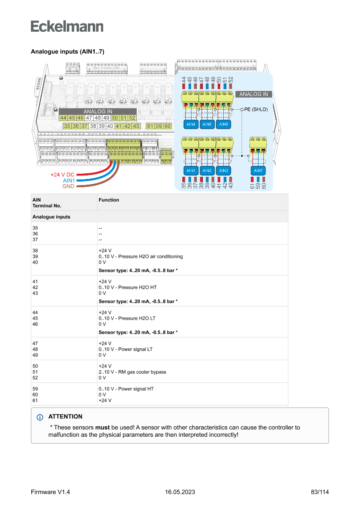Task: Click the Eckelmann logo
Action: (67, 26)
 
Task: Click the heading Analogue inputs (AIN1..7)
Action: (67, 51)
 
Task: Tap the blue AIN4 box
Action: (191, 124)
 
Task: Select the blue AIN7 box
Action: (258, 170)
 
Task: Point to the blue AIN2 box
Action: (207, 170)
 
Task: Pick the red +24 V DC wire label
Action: (63, 175)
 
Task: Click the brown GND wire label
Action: (68, 186)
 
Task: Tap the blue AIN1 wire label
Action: (69, 180)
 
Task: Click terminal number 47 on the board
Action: (89, 118)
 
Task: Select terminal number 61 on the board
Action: (150, 126)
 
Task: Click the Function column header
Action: (109, 200)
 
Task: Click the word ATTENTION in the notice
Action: (65, 417)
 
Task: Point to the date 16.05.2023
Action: (180, 492)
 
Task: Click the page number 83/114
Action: (320, 492)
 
